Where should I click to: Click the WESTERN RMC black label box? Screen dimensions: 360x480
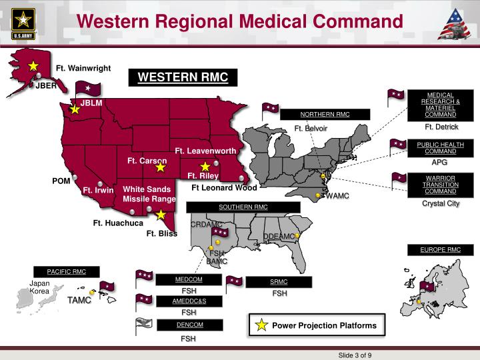183,77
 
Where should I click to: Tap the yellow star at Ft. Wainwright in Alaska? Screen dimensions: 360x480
33,66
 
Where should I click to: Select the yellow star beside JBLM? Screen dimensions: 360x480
75,109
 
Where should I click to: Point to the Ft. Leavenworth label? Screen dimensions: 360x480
205,151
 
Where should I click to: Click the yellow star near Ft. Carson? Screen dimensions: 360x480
161,167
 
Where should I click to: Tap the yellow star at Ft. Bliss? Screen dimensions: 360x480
161,215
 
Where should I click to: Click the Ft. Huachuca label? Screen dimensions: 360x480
118,223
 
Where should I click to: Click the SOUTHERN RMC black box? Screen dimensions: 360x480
243,207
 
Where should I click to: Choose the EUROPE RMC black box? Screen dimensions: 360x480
440,249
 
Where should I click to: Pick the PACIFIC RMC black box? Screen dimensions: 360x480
67,272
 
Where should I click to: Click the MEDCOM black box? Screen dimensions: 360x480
189,279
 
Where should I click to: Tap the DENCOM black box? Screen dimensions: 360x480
189,325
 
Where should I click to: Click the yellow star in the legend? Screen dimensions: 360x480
261,325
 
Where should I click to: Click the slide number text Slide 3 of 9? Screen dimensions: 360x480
355,354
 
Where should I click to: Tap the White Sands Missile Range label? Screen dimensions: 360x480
149,194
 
